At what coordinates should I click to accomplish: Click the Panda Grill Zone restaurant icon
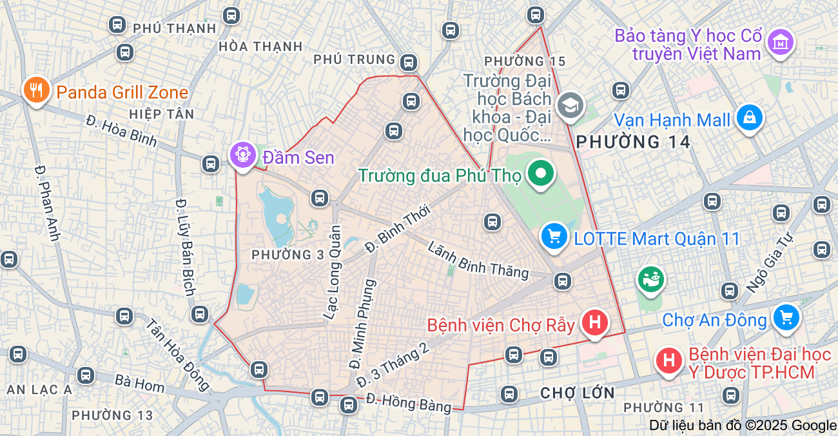coord(37,90)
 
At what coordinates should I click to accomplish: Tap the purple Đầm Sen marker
coord(243,155)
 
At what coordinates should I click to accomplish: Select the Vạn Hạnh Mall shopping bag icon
coord(749,117)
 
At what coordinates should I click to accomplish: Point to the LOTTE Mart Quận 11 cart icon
coord(554,237)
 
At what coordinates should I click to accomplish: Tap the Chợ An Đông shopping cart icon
coord(786,317)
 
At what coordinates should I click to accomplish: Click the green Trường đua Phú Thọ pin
coord(541,173)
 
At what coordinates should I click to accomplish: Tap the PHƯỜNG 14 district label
coord(633,142)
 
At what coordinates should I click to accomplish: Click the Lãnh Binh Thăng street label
coord(478,260)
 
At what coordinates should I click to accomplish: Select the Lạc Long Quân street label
coord(332,272)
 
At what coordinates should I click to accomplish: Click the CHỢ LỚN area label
coord(578,392)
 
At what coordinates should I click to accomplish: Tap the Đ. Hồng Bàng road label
coord(409,403)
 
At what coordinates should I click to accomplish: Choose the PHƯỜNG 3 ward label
coord(287,255)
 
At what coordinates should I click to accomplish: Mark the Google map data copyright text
coord(742,426)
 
